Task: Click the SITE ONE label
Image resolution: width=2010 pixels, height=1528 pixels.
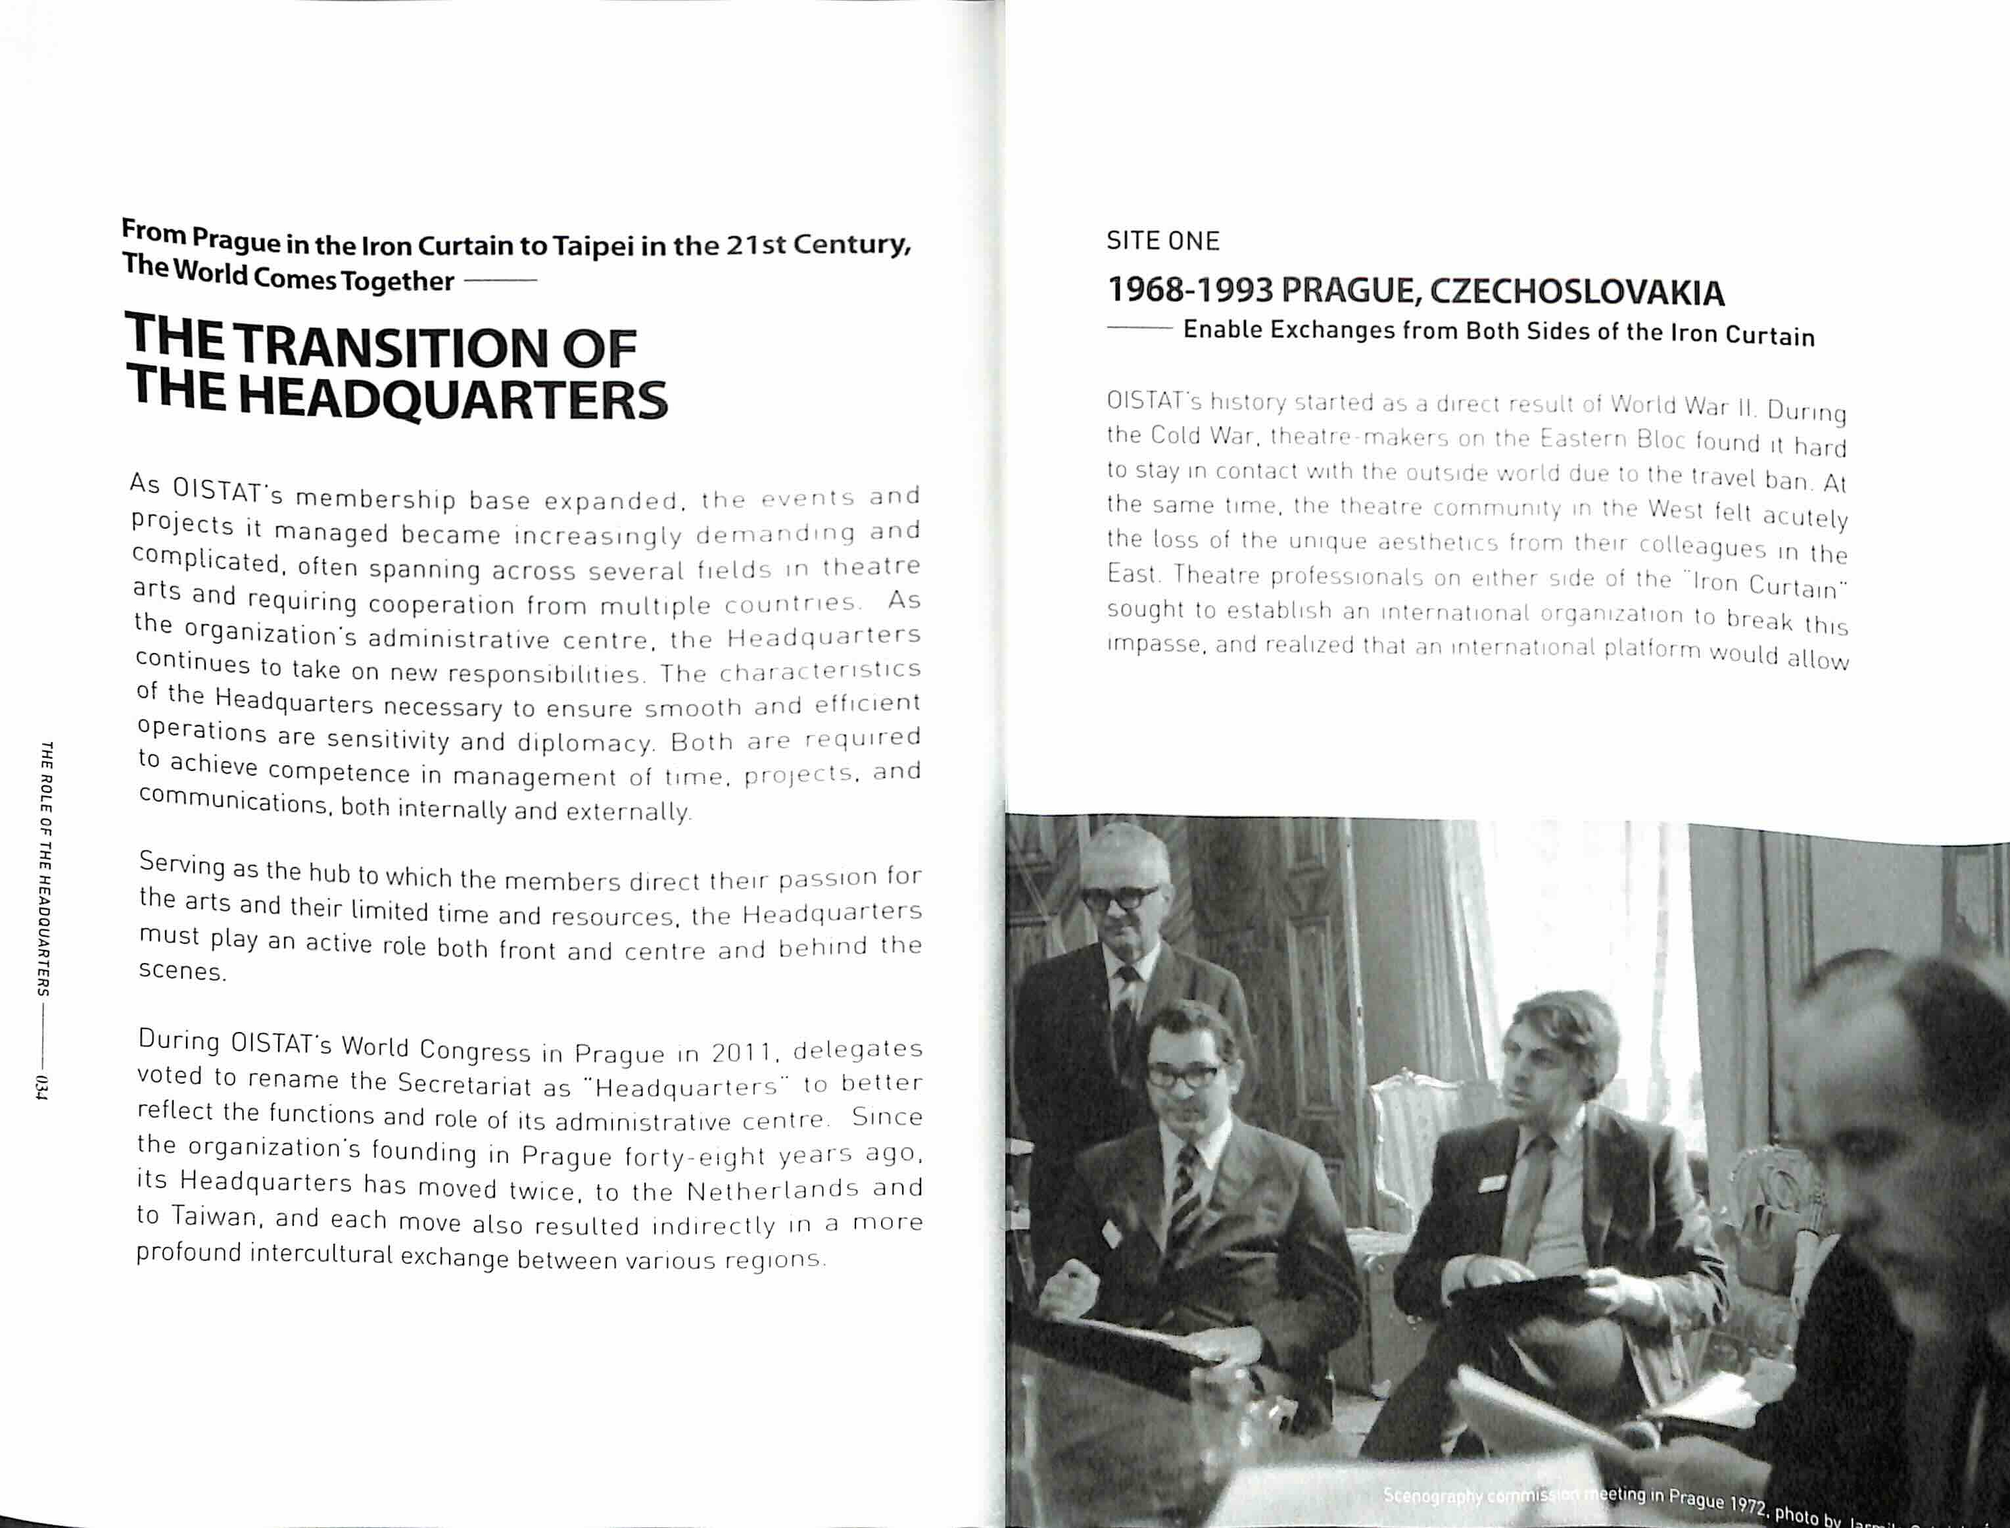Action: pyautogui.click(x=1162, y=241)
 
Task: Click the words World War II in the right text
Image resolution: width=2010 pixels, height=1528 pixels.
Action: pyautogui.click(x=1682, y=406)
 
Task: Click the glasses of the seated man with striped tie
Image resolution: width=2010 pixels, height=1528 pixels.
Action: pyautogui.click(x=1183, y=1073)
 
